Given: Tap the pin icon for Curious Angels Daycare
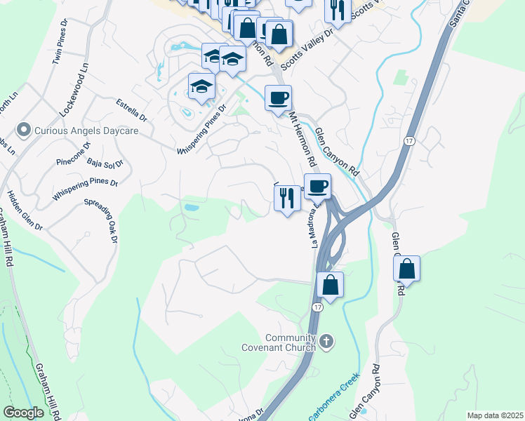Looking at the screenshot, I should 24,130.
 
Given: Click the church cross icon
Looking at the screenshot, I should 325,342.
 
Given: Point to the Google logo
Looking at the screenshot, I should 23,413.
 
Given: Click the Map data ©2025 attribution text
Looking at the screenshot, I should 494,415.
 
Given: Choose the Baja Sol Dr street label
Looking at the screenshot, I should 105,163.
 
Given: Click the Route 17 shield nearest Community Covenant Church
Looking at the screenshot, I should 318,308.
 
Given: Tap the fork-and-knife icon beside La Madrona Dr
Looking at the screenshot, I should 287,199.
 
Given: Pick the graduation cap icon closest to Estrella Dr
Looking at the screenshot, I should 201,88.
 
